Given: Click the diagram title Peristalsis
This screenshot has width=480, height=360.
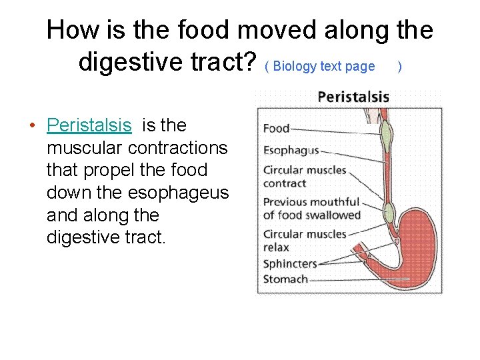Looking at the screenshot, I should coord(353,97).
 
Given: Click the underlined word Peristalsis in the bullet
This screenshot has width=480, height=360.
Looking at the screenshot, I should coord(89,125).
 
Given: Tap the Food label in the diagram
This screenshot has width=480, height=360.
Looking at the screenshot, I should coord(276,129).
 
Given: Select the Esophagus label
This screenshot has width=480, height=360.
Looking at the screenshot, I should coord(291,151).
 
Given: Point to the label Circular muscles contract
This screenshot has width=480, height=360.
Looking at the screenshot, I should coord(305,177).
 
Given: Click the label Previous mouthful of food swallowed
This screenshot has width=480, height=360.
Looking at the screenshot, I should coord(311,208).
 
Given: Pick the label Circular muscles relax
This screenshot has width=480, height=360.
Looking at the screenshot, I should coord(305,240).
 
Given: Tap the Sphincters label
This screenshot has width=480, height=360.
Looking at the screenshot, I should coord(290,263).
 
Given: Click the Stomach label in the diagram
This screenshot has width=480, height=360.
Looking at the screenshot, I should coord(285,279).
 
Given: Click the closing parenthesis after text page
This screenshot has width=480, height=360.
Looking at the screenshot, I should coord(399,66).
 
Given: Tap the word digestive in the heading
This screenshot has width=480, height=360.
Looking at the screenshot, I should coord(130,63).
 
